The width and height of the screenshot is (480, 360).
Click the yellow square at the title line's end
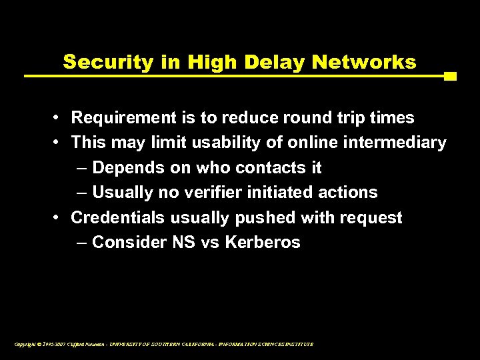pos(450,76)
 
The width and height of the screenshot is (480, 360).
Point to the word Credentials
pos(117,218)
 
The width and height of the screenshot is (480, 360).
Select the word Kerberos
pos(263,243)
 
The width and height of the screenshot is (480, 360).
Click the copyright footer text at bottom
pos(163,345)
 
